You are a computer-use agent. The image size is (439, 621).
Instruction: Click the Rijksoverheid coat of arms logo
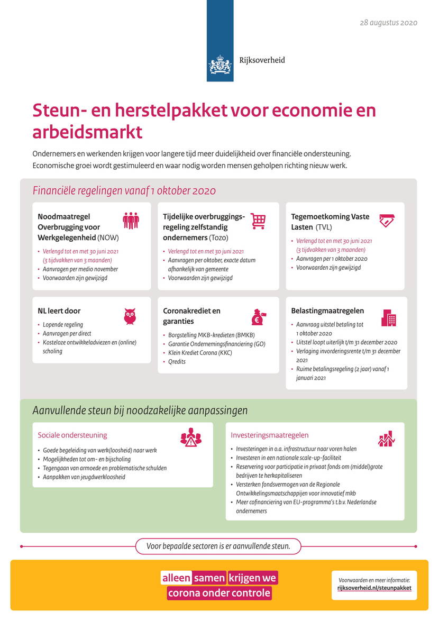[220, 66]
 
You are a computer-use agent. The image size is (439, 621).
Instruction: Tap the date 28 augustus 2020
[388, 23]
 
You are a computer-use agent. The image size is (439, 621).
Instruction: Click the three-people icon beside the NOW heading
[131, 220]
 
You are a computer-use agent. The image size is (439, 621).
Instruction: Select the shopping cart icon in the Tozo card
[258, 221]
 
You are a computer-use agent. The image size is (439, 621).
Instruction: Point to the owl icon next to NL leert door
[130, 316]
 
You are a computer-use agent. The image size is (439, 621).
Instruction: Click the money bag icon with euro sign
[258, 316]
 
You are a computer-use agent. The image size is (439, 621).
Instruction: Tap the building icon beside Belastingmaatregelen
[389, 317]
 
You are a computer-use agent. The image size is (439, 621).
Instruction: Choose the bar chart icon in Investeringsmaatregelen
[386, 438]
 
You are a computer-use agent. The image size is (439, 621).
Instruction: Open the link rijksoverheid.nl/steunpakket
[374, 588]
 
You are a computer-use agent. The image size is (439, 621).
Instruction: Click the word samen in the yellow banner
[209, 578]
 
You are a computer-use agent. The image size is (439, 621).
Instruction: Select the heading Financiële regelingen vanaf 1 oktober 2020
[124, 191]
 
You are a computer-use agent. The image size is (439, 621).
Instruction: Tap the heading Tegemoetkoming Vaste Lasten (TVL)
[330, 222]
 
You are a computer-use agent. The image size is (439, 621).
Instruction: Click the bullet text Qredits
[177, 362]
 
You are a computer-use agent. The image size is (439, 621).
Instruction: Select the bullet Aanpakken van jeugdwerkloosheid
[84, 477]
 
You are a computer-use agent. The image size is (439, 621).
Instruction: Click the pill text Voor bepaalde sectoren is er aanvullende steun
[218, 546]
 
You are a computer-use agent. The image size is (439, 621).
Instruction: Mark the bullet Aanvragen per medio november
[80, 269]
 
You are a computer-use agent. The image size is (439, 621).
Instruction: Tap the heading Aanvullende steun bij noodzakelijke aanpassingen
[140, 410]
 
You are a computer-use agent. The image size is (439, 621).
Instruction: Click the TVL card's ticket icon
[388, 221]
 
